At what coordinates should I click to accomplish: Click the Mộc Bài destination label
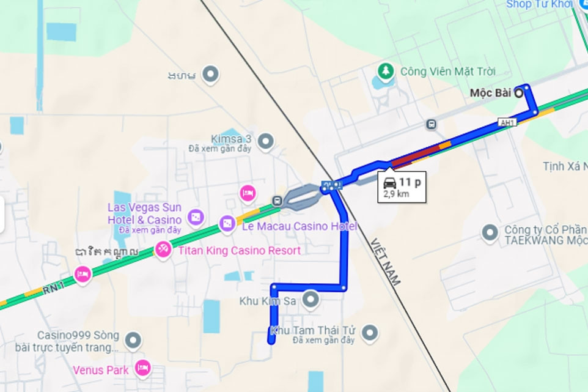click(x=490, y=93)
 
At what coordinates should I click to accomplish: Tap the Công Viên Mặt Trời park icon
click(x=386, y=72)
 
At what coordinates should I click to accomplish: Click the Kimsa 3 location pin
click(x=265, y=142)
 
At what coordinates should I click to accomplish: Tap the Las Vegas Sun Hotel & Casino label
click(x=144, y=213)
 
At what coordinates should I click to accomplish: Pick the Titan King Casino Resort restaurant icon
click(x=163, y=250)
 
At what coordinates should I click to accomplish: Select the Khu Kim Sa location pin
click(x=311, y=300)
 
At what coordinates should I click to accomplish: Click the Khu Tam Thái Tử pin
click(x=369, y=333)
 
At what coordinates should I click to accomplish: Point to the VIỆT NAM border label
click(x=385, y=262)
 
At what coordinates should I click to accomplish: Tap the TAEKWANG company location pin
click(x=489, y=232)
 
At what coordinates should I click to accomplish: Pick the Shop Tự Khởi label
click(x=538, y=5)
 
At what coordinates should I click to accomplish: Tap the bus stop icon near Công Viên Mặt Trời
click(x=432, y=125)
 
